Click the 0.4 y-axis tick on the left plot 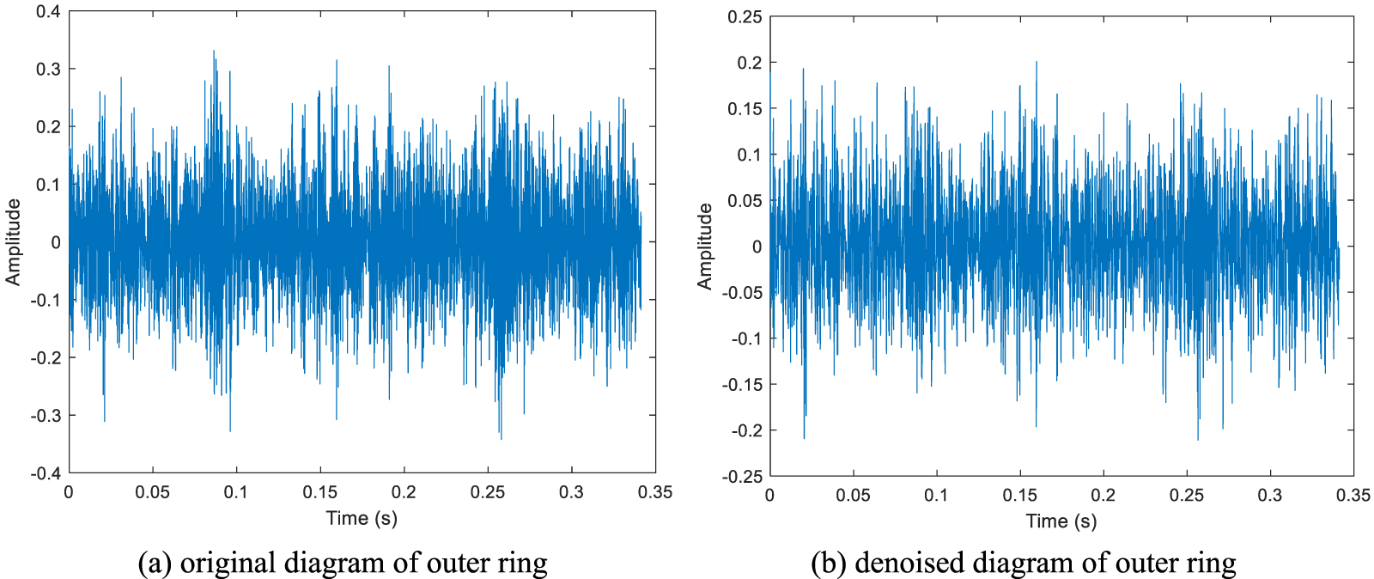48,12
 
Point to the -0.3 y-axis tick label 46,416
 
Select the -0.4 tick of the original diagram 46,473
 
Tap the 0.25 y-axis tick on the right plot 745,17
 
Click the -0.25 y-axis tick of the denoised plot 742,477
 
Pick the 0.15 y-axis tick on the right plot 745,109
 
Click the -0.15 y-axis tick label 742,385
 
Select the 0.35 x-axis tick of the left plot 656,492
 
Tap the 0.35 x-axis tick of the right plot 1353,496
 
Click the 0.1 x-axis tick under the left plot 236,492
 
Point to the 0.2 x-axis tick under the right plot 1103,496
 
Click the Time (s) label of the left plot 362,518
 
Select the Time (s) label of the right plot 1061,521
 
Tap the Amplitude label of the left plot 13,242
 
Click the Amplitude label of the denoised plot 705,247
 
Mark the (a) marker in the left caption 155,564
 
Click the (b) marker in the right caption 829,564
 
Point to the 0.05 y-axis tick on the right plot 745,201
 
